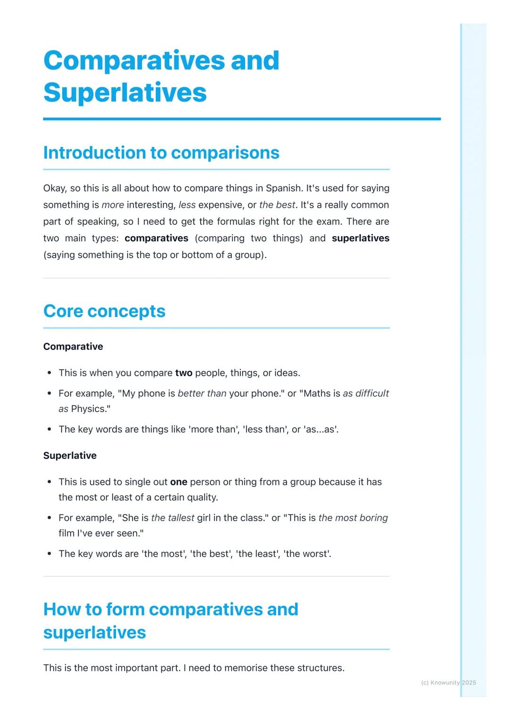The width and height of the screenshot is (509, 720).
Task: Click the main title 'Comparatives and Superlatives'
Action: pos(161,76)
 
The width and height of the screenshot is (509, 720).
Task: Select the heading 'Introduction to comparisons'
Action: pos(161,153)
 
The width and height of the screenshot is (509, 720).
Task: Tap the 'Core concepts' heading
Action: pos(104,311)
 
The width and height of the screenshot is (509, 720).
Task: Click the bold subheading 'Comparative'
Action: pos(73,346)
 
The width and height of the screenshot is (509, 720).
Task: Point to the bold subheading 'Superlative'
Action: pos(70,455)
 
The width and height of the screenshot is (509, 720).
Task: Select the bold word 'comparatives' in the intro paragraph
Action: pos(156,238)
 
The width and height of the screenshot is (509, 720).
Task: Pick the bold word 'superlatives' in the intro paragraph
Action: pos(361,238)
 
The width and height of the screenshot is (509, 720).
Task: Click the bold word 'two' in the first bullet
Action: pos(183,373)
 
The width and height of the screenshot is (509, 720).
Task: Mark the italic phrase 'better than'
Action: pos(202,393)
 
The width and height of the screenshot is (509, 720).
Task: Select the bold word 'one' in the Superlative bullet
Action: pos(179,482)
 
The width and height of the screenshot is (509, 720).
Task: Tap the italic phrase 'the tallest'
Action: pos(172,517)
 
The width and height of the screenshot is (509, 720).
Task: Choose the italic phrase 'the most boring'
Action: pos(353,517)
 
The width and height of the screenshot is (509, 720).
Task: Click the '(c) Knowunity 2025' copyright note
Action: pos(448,682)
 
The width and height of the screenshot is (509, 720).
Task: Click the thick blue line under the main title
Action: pos(242,119)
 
